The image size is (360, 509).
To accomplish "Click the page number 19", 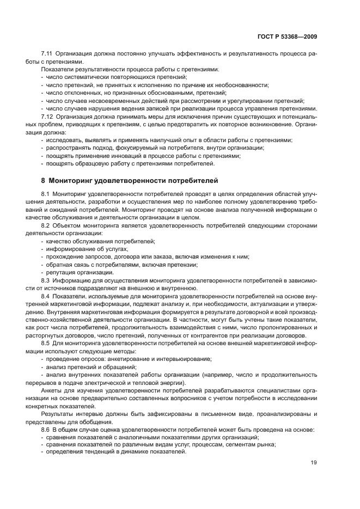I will [x=314, y=463].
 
